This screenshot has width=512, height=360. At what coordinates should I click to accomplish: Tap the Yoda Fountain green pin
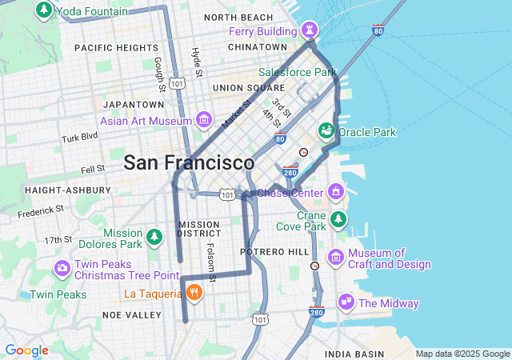43,11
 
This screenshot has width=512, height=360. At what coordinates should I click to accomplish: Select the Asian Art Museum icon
203,121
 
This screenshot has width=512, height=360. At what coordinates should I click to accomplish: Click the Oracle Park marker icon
326,130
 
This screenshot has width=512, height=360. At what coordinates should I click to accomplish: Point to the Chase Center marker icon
336,192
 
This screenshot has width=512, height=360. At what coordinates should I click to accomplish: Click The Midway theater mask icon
346,302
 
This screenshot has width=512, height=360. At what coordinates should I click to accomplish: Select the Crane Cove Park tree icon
338,219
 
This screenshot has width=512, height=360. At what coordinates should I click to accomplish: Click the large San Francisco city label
189,163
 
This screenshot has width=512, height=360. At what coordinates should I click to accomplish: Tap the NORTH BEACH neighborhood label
238,18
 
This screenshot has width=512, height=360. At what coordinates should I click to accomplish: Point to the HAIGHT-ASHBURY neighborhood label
68,190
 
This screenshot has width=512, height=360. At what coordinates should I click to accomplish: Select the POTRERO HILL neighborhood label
276,252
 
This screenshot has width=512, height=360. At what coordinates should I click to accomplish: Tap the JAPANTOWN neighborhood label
134,105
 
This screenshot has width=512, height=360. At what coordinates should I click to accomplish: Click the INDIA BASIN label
354,354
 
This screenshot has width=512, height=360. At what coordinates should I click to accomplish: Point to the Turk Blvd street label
80,138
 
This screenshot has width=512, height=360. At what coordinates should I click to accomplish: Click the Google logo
26,350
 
